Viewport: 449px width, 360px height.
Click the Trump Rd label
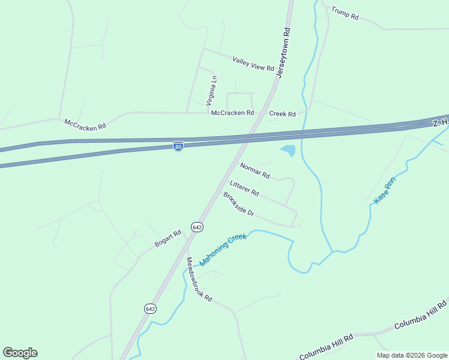tap(345, 14)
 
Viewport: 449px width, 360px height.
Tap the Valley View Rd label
tap(253, 63)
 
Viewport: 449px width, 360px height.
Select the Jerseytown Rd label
tap(283, 52)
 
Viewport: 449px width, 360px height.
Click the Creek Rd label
tap(282, 114)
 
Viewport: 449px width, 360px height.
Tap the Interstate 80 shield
tap(178, 146)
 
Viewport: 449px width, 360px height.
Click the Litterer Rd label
tap(244, 188)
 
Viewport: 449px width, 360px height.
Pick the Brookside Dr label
tap(239, 205)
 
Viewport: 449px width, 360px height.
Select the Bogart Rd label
tap(167, 238)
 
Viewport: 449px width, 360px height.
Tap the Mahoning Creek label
tap(223, 250)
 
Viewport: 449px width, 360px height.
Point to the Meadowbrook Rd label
tap(199, 280)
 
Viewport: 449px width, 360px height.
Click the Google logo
tap(20, 353)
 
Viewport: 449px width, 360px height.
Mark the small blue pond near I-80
tap(288, 150)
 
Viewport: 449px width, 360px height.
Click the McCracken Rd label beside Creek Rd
tap(232, 113)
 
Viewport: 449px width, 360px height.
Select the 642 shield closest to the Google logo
tap(150, 308)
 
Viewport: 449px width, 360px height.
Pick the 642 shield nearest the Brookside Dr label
tap(197, 227)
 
